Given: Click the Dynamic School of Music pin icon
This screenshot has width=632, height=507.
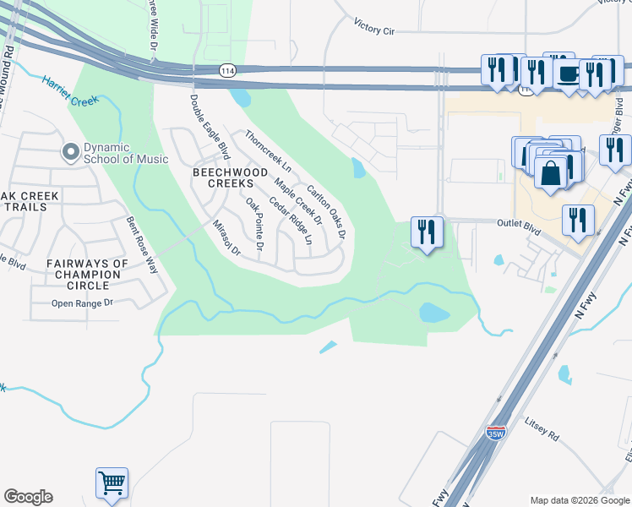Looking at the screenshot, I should click(x=69, y=152).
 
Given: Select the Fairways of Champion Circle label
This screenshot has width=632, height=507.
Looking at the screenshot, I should click(x=88, y=274).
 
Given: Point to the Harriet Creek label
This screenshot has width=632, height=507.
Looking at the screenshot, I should click(x=70, y=91).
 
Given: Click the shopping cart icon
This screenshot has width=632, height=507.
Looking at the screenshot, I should click(x=112, y=483).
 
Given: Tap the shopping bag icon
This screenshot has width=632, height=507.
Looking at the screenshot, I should click(x=551, y=173).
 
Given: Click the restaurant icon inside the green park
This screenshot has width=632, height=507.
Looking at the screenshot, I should click(x=427, y=232).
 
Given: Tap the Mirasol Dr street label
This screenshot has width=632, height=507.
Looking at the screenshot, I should click(x=226, y=239).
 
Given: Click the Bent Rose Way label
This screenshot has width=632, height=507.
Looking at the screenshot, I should click(x=142, y=245).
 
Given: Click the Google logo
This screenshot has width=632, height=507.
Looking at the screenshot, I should click(x=28, y=497).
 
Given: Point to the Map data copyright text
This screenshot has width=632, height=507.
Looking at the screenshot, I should click(x=578, y=500).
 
